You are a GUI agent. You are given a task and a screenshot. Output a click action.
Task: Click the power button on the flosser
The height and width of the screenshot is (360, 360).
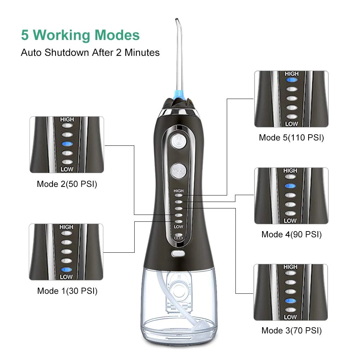click(179, 141)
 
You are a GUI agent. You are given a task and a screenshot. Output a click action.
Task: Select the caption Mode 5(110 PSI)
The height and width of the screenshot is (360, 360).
click(291, 138)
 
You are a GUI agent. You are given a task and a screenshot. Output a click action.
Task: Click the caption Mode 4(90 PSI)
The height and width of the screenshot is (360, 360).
click(291, 234)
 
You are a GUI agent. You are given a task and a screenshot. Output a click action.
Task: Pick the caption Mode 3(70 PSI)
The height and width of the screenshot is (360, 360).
click(291, 330)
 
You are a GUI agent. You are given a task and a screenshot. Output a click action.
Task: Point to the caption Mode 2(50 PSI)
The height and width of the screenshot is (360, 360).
click(67, 184)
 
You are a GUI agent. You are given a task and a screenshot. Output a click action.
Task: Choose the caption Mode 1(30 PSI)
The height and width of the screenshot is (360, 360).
click(67, 291)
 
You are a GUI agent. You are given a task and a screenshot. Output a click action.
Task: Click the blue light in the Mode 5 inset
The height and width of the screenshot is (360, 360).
click(292, 80)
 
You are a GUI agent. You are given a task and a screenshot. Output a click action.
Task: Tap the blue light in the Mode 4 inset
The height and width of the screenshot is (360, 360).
click(290, 186)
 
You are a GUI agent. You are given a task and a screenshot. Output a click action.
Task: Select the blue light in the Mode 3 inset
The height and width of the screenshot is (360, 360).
click(291, 301)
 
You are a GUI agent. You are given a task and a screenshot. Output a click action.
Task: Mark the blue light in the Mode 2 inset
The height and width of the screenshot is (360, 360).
click(67, 144)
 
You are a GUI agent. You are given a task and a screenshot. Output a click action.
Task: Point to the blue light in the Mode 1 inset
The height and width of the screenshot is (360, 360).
click(66, 270)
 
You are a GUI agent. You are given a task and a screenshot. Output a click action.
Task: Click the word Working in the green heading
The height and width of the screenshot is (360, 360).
click(62, 35)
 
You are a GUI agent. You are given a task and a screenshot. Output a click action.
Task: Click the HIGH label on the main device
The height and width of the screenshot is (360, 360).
click(179, 191)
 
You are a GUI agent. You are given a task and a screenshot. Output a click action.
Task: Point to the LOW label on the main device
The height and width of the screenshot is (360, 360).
click(179, 226)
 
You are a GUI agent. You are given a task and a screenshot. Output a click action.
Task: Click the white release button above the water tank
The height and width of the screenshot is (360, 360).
click(178, 253)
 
